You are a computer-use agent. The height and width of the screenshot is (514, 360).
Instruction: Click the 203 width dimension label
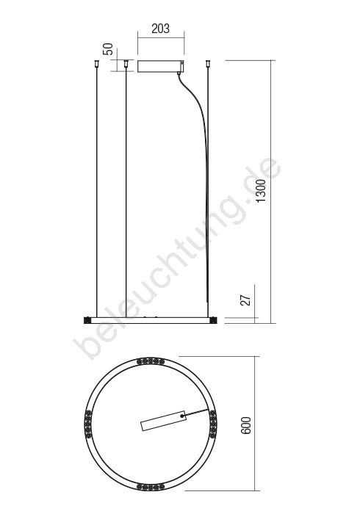point(161,29)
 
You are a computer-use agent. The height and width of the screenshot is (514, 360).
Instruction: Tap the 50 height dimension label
point(108,49)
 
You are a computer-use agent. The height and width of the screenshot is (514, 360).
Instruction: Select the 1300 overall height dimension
point(262,190)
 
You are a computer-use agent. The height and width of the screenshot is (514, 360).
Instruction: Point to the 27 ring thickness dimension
point(246,300)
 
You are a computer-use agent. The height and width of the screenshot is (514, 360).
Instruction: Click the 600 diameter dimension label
point(245,425)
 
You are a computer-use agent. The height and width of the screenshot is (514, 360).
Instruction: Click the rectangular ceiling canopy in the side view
point(160,66)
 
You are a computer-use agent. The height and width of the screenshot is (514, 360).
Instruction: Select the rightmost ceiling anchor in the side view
point(207,64)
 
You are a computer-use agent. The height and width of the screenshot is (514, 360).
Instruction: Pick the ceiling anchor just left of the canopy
point(125,64)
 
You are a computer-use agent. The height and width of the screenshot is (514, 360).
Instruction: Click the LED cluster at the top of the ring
point(151,361)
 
